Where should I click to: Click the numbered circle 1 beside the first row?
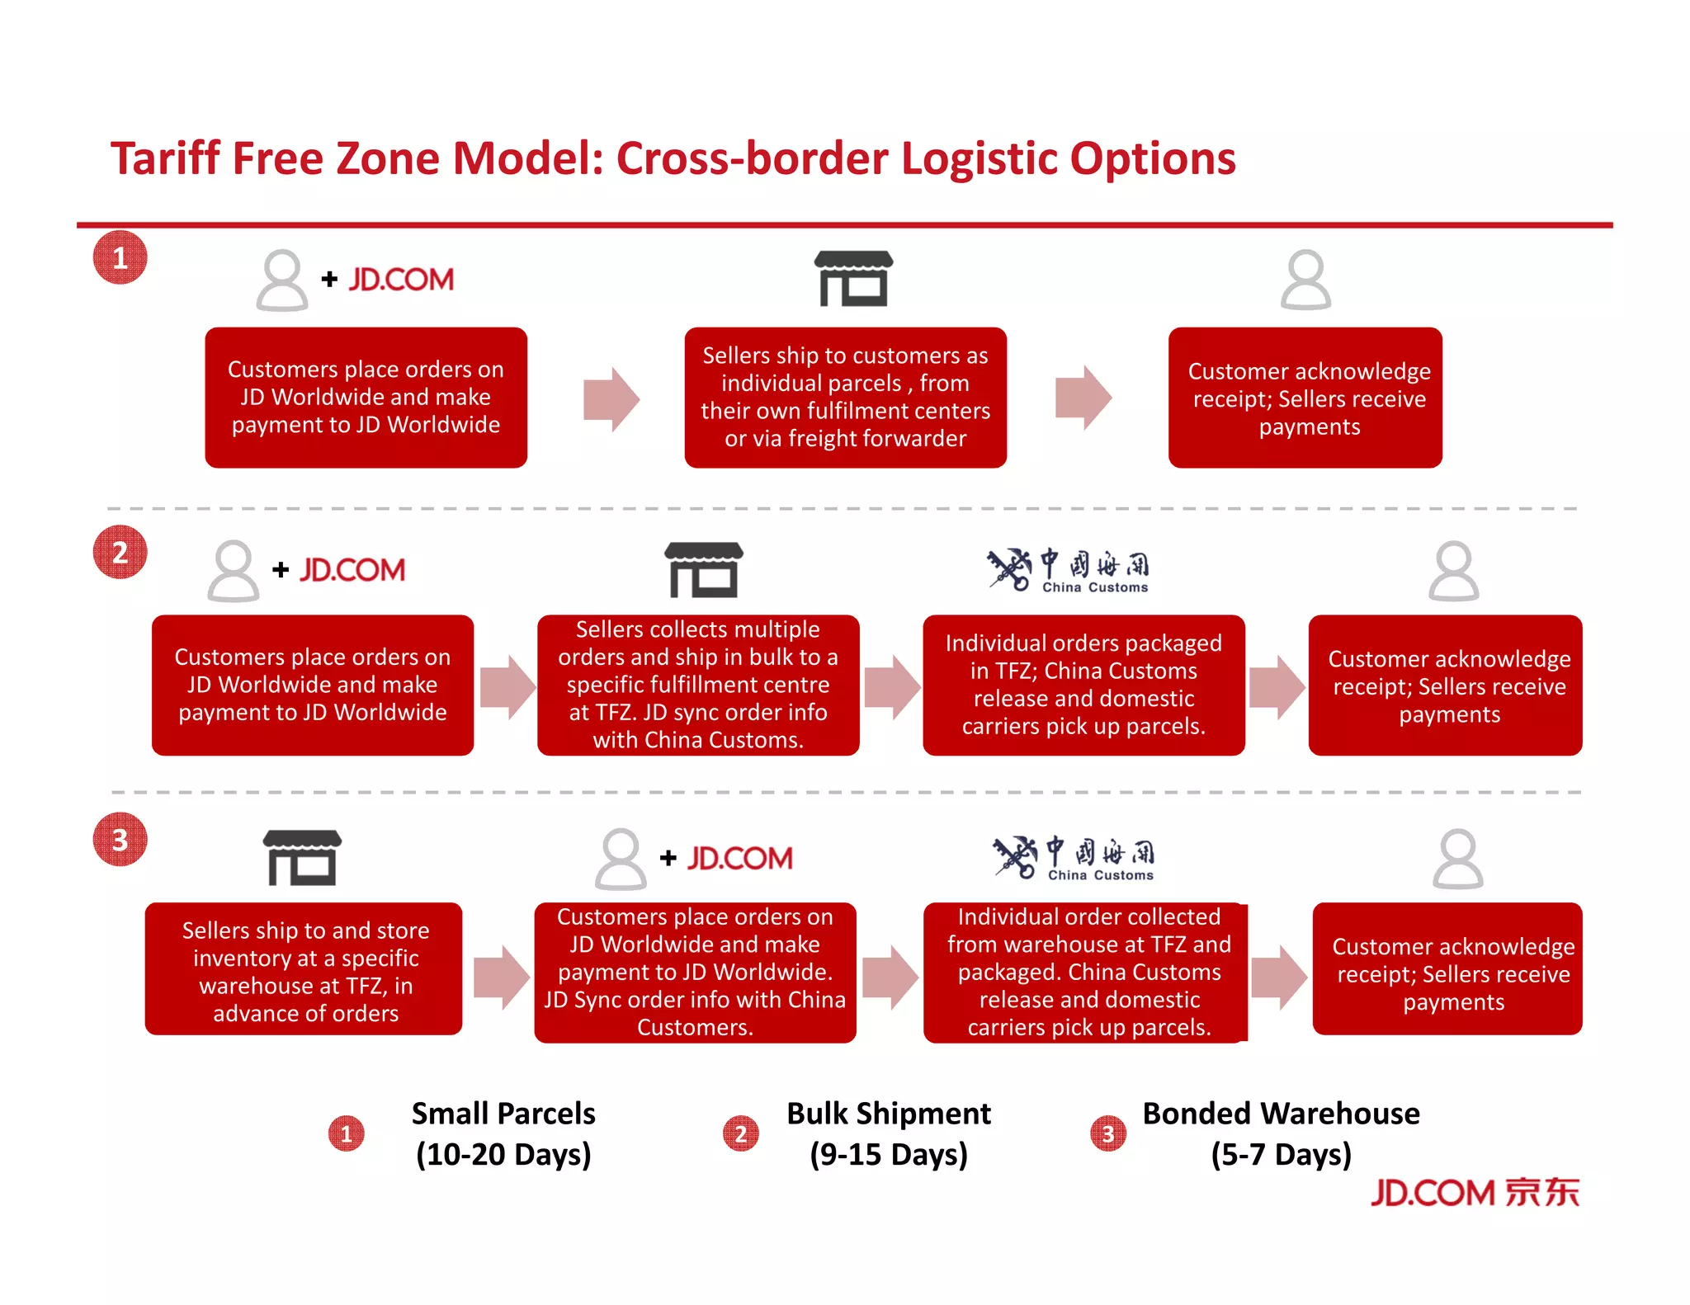click(x=120, y=257)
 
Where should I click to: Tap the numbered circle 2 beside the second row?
click(x=120, y=552)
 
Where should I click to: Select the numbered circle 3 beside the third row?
click(x=120, y=840)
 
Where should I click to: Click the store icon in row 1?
click(x=853, y=279)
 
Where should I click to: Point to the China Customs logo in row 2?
click(x=1068, y=569)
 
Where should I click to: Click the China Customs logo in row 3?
click(x=1073, y=858)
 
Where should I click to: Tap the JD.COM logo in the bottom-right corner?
click(x=1475, y=1193)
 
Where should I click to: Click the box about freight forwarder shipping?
click(x=845, y=398)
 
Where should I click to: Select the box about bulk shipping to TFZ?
click(x=697, y=685)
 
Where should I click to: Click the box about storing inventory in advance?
click(x=304, y=970)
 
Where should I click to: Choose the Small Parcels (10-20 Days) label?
click(x=503, y=1133)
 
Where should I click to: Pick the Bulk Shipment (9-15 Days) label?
click(x=888, y=1133)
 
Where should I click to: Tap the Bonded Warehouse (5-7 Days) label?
click(x=1281, y=1133)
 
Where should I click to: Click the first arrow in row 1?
click(x=611, y=398)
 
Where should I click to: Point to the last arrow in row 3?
click(x=1278, y=978)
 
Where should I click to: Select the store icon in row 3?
click(x=302, y=858)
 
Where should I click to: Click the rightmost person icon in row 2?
click(x=1453, y=570)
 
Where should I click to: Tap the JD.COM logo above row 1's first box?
click(x=401, y=280)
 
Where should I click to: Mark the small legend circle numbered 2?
click(x=740, y=1133)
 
